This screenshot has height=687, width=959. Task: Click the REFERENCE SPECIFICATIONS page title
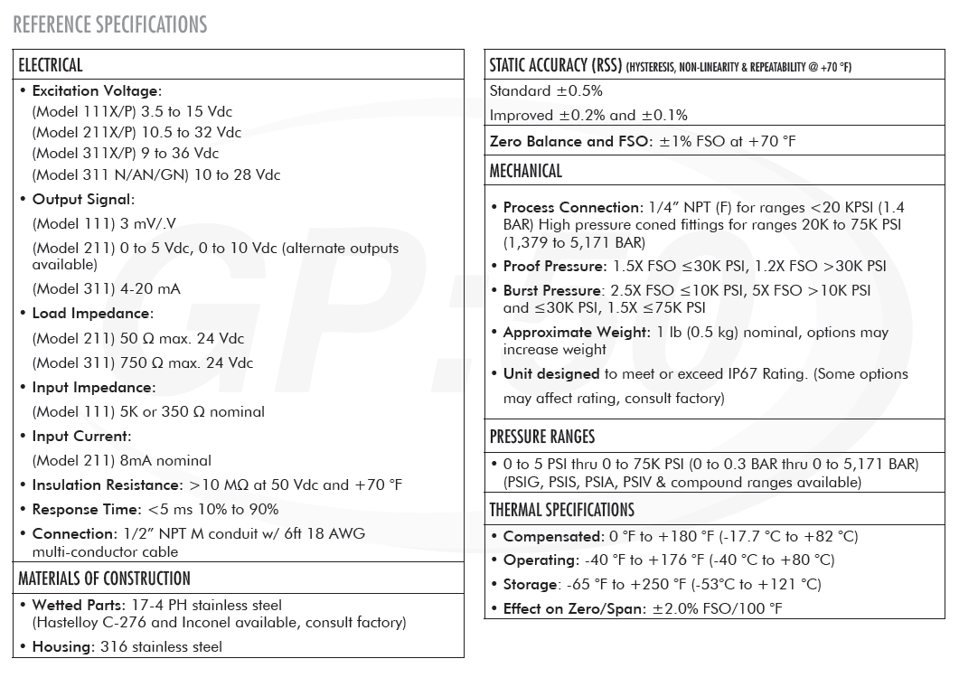(110, 24)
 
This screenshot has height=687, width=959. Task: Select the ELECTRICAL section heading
(51, 65)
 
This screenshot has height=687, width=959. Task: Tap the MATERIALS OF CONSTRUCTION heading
(104, 579)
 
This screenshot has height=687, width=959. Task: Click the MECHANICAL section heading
(525, 171)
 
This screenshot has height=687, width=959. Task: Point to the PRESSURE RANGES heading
(542, 438)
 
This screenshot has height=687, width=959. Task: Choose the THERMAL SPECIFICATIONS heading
(561, 510)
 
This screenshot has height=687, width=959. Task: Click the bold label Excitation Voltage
(96, 90)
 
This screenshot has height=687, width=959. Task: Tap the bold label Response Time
(87, 509)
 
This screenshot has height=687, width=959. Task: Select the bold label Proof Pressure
(554, 266)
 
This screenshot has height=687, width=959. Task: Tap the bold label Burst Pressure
(552, 290)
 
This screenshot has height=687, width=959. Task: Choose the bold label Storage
(530, 584)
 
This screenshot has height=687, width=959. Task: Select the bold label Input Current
(81, 436)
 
